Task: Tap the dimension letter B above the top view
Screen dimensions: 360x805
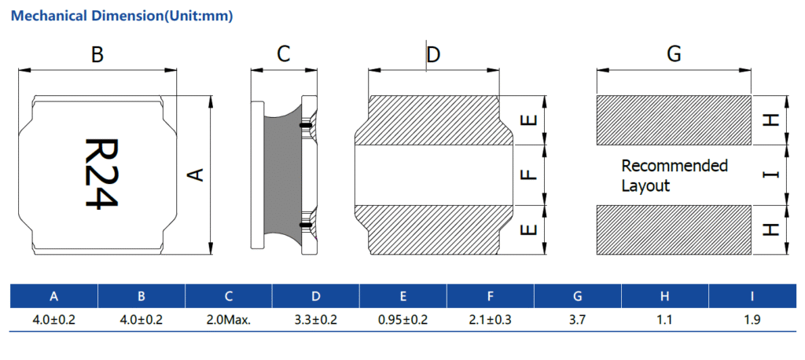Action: pyautogui.click(x=97, y=54)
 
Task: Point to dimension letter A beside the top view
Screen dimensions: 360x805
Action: pyautogui.click(x=198, y=174)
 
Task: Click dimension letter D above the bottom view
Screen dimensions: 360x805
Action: pyautogui.click(x=433, y=54)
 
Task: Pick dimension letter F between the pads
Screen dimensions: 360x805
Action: pyautogui.click(x=529, y=174)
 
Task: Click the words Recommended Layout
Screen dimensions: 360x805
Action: pyautogui.click(x=674, y=175)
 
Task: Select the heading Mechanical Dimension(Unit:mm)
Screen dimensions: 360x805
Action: pyautogui.click(x=121, y=15)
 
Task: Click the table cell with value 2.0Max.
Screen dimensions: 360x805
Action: pyautogui.click(x=228, y=320)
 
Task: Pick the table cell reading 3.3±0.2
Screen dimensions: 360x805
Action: pyautogui.click(x=315, y=320)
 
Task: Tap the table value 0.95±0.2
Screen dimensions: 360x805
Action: pyautogui.click(x=402, y=320)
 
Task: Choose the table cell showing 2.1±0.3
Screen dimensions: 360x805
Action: pyautogui.click(x=490, y=320)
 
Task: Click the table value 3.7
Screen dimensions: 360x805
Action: pyautogui.click(x=577, y=320)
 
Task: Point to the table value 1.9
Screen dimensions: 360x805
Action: pyautogui.click(x=752, y=320)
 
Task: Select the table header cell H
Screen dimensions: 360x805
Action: pyautogui.click(x=664, y=296)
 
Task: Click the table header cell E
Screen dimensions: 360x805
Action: pyautogui.click(x=402, y=296)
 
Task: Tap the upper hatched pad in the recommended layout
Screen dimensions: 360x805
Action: pyautogui.click(x=674, y=120)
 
